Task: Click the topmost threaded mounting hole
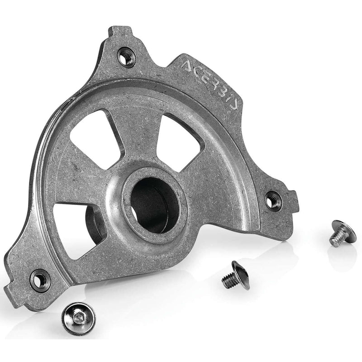click(126, 57)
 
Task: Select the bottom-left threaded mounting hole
click(39, 279)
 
